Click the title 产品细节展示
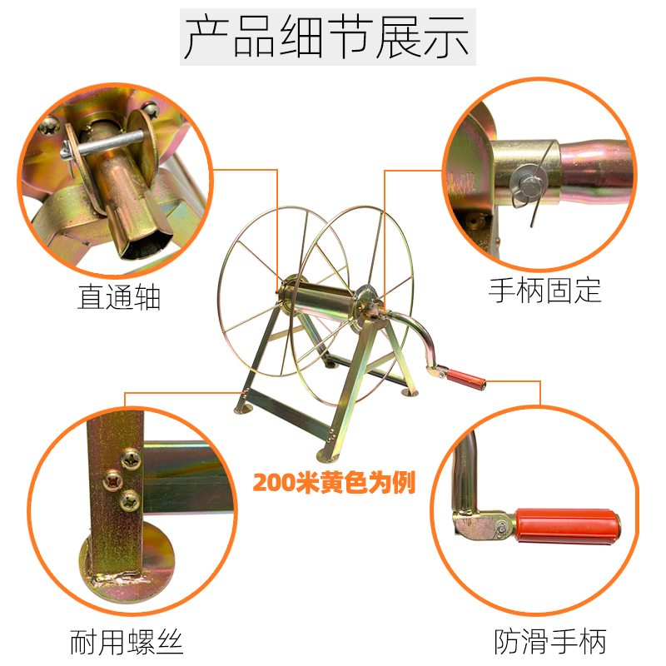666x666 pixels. point(327,37)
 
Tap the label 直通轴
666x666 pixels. point(119,298)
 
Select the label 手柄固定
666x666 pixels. point(544,291)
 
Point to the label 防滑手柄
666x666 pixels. point(549,642)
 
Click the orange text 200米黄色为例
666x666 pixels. point(334,482)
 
